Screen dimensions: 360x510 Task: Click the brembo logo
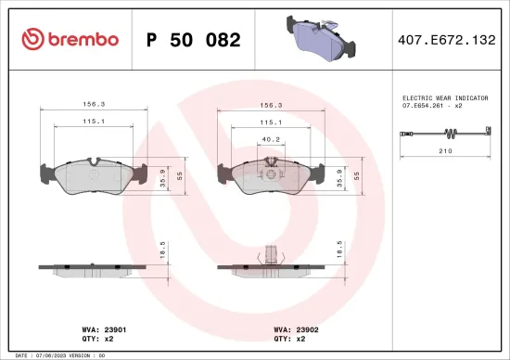(70, 39)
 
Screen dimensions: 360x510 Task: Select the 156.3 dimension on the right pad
(270, 105)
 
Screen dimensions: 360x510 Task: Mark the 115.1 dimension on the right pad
(270, 121)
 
